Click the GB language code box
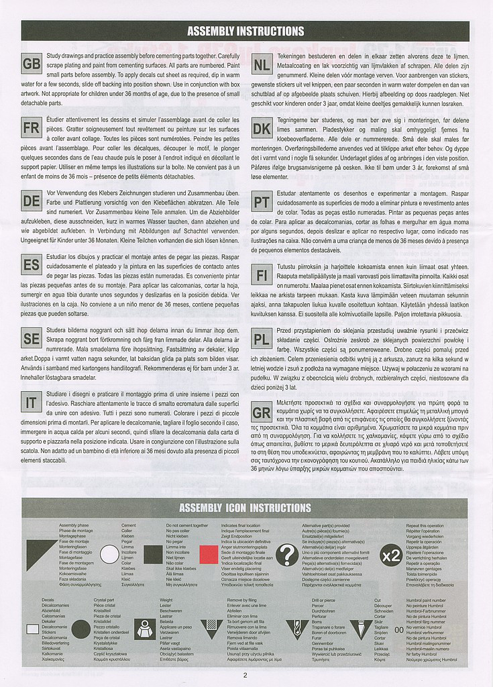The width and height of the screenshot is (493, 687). coord(32,64)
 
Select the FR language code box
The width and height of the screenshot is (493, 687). coord(32,128)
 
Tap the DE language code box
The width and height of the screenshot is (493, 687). coord(32,201)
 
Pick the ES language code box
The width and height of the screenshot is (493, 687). coord(32,265)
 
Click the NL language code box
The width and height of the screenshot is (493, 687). coord(262,64)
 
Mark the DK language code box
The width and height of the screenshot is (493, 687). coord(262,128)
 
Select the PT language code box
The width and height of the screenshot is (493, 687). coord(262,201)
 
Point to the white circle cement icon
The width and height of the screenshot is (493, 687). coord(109,555)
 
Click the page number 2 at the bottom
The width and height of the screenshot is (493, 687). coord(245,675)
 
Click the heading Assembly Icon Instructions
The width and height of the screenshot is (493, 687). coord(245,508)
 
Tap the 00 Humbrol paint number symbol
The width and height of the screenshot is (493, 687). coord(398,629)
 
